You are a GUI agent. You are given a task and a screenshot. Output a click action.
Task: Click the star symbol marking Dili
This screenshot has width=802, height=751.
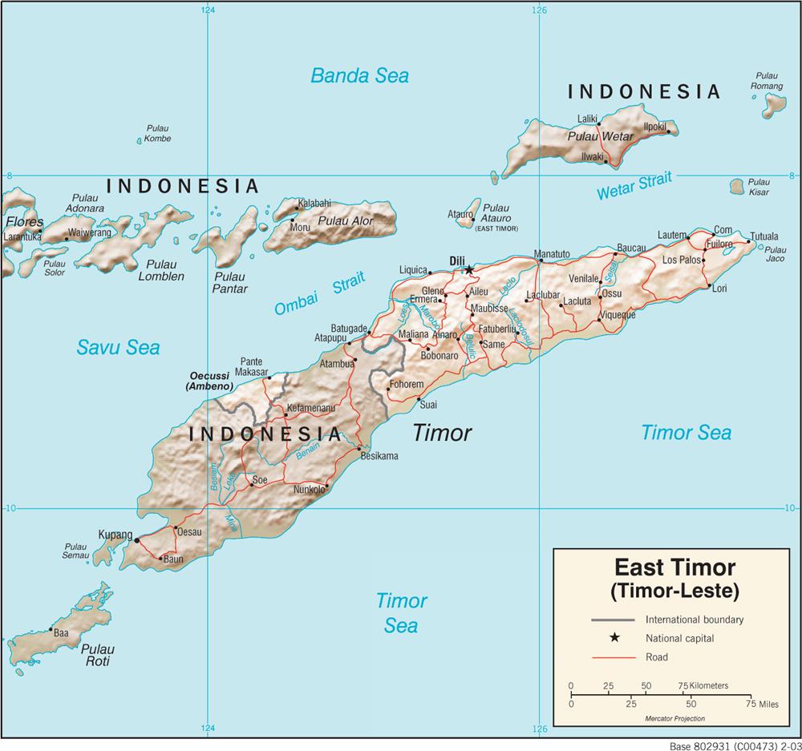tap(469, 269)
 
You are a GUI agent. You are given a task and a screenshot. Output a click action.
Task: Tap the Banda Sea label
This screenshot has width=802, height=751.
tap(359, 76)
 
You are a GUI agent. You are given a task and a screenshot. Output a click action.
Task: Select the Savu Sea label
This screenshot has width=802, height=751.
tap(118, 347)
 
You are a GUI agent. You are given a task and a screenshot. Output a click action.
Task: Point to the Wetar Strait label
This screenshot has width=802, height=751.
tap(634, 186)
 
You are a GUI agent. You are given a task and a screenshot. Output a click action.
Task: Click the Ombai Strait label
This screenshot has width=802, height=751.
tap(318, 294)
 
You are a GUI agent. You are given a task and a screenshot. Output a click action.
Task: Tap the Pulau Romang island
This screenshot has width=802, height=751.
tap(774, 103)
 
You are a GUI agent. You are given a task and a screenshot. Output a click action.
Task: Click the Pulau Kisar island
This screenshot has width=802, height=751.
tap(738, 187)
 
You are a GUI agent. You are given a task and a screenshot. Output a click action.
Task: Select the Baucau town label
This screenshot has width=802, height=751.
tap(631, 248)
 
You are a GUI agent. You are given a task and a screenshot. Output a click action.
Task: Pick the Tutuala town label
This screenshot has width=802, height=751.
tap(764, 237)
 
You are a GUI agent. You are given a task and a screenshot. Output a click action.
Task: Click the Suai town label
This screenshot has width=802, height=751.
tap(428, 405)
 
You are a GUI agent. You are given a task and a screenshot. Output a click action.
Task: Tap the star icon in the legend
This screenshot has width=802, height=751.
tap(614, 638)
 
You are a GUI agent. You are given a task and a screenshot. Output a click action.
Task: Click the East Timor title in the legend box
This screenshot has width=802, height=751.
tap(674, 568)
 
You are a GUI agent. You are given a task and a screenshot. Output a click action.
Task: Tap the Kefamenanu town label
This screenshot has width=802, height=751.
tap(310, 408)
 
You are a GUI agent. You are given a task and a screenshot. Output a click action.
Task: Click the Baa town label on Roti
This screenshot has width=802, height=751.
tap(61, 632)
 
